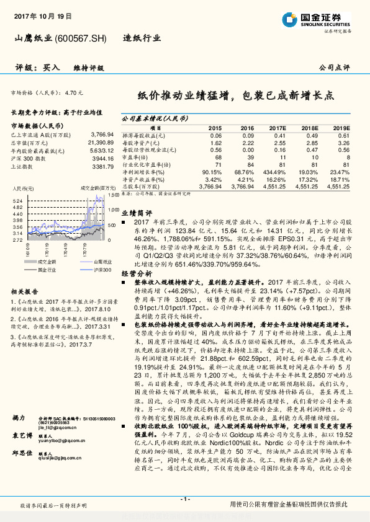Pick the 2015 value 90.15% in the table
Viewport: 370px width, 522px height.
(x=212, y=172)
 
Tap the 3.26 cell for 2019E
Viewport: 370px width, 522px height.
(x=343, y=143)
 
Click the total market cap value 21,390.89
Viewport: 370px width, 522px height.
(x=100, y=142)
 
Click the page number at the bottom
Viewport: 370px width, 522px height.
(x=184, y=498)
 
